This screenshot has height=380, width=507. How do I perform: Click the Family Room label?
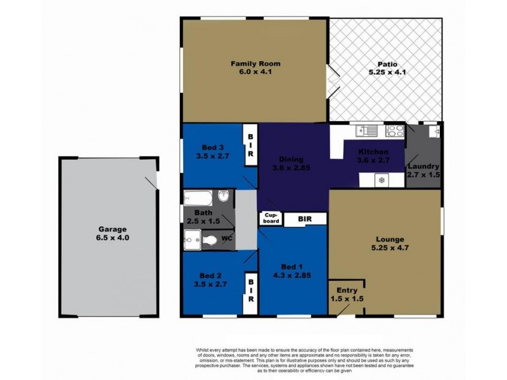tap(255, 64)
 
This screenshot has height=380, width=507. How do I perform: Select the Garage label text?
tap(112, 229)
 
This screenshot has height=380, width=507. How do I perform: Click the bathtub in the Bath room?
tap(201, 197)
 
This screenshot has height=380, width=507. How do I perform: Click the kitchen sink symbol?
tap(365, 132)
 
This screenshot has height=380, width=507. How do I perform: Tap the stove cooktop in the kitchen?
tap(395, 132)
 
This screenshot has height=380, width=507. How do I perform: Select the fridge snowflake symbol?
tap(381, 180)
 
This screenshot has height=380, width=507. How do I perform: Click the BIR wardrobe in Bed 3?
tap(251, 145)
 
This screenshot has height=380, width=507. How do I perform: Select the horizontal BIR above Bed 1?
tap(305, 219)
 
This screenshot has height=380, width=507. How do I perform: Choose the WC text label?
tap(227, 239)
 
